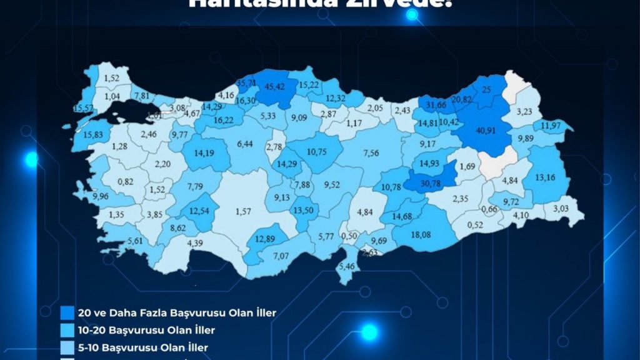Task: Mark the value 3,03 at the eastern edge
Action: coord(561,208)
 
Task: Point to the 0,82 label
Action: coord(125,181)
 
